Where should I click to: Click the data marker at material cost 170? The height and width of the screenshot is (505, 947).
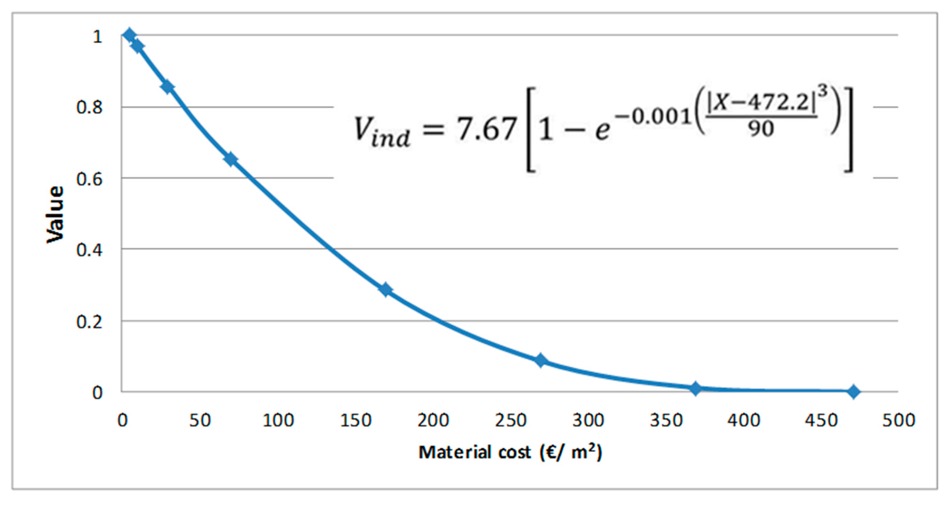pos(385,289)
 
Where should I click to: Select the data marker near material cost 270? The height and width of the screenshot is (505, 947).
pos(540,361)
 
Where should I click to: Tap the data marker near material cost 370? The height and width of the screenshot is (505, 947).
pos(695,388)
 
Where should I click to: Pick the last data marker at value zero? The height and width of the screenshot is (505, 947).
pos(854,392)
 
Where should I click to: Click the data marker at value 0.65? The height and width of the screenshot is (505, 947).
pos(231,159)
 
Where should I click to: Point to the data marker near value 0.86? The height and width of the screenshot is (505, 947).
pos(168,87)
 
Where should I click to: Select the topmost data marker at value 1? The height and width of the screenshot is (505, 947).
pos(129,35)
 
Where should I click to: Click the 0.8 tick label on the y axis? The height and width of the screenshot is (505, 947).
pos(89,108)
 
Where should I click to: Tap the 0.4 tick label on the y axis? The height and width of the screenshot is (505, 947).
pos(89,250)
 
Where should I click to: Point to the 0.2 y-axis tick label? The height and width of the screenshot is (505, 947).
pos(89,322)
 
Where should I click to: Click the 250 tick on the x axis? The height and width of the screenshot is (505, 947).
pos(511,420)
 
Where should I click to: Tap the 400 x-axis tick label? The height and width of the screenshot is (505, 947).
pos(743,420)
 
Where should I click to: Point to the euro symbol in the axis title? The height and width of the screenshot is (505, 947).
pos(551,452)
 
